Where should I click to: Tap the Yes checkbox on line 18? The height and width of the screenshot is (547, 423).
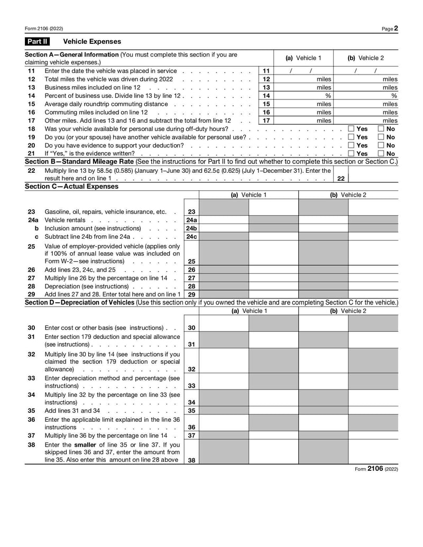pyautogui.click(x=352, y=129)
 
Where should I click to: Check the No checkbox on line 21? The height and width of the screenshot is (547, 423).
pyautogui.click(x=381, y=153)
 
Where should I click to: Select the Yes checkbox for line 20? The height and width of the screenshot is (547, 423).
pyautogui.click(x=352, y=145)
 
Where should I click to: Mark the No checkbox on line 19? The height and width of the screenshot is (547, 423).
pyautogui.click(x=381, y=137)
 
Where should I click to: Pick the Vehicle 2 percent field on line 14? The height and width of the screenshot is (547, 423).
pyautogui.click(x=366, y=96)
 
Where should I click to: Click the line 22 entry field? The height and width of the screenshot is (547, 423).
pyautogui.click(x=373, y=175)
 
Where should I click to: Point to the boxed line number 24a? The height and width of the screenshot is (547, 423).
pyautogui.click(x=191, y=220)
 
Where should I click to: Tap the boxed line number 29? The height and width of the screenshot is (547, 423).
pyautogui.click(x=191, y=294)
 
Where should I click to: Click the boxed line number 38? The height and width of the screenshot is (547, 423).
pyautogui.click(x=191, y=460)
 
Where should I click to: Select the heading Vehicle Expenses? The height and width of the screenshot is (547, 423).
pyautogui.click(x=92, y=41)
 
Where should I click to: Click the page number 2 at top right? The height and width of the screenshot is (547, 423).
pyautogui.click(x=396, y=29)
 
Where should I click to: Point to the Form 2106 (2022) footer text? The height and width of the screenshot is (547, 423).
pyautogui.click(x=376, y=469)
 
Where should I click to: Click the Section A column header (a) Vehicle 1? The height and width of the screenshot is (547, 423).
pyautogui.click(x=303, y=58)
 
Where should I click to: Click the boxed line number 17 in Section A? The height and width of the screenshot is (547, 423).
pyautogui.click(x=266, y=120)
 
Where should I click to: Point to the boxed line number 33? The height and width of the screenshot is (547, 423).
pyautogui.click(x=191, y=386)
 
